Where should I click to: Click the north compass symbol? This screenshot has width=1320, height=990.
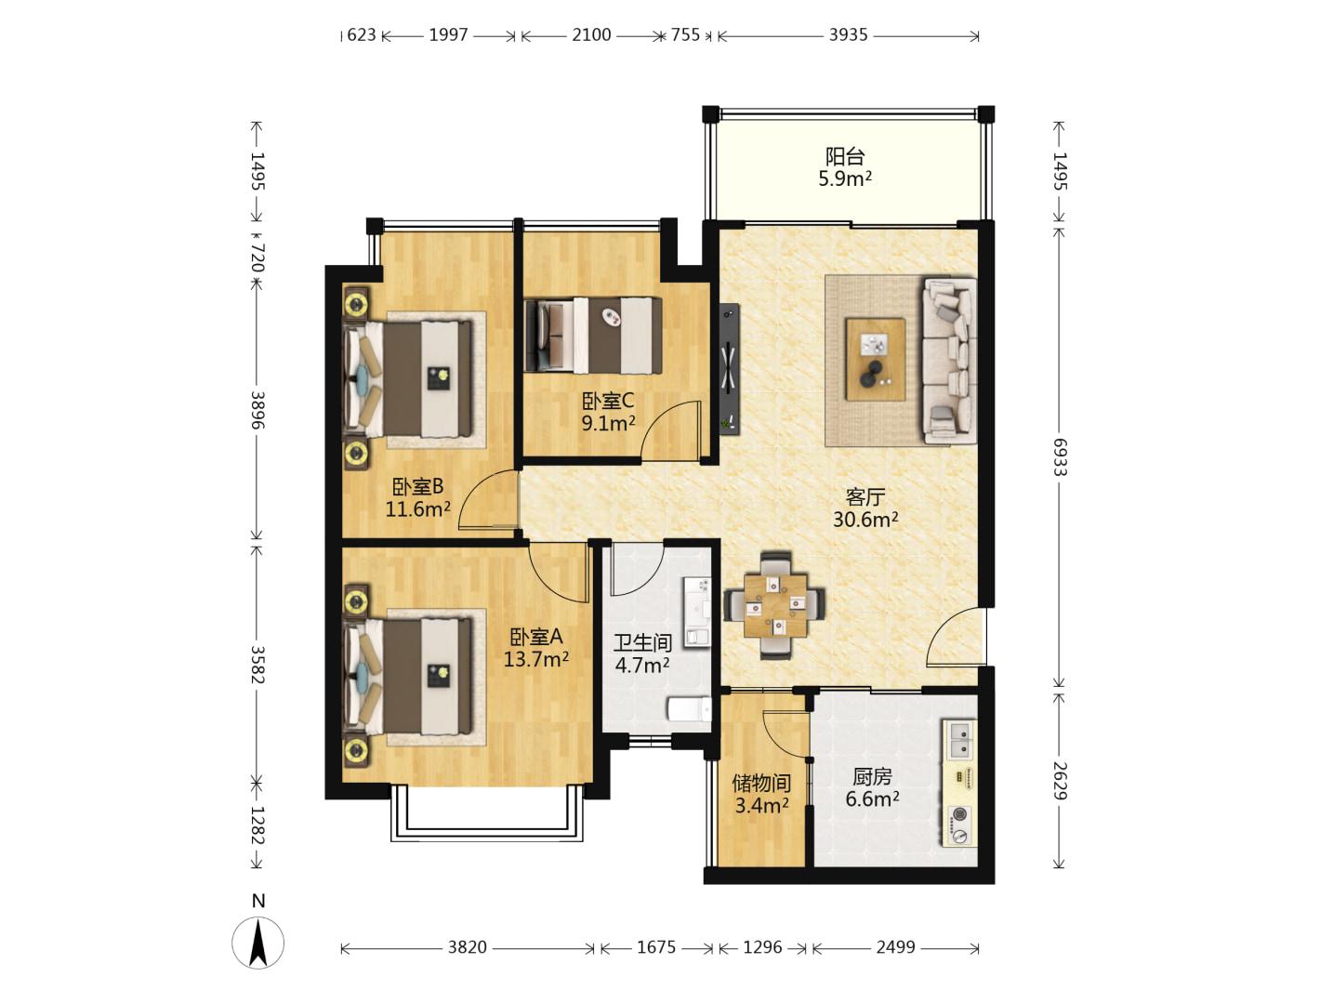(x=258, y=943)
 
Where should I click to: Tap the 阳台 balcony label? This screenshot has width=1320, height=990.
(x=845, y=157)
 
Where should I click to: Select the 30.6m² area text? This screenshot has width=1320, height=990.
(x=865, y=520)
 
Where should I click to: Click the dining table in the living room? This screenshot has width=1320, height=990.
(x=774, y=605)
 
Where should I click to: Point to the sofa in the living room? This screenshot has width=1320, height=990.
(x=949, y=361)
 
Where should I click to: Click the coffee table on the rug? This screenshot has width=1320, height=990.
(x=875, y=359)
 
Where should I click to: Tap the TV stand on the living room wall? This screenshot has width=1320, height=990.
(x=730, y=368)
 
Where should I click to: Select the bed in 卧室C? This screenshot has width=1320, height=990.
(x=593, y=335)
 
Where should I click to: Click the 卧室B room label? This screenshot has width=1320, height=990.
(x=417, y=486)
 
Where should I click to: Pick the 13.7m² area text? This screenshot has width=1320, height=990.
(x=535, y=659)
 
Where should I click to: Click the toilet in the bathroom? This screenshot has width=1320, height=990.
(x=689, y=708)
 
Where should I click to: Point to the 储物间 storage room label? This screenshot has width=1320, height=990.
(x=761, y=784)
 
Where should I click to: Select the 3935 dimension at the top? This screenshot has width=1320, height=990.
(x=848, y=35)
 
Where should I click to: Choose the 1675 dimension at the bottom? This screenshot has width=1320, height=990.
(x=656, y=947)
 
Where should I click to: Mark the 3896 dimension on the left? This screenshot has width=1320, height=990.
(x=257, y=409)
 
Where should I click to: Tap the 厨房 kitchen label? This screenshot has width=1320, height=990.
(x=872, y=777)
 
